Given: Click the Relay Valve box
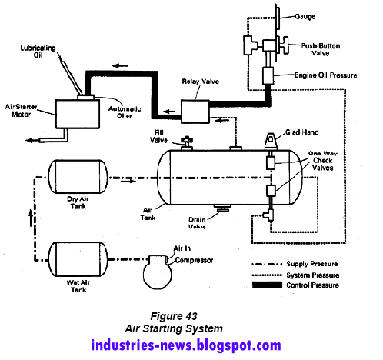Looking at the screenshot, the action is coord(195,112).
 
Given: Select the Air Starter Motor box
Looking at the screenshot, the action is coord(78,114).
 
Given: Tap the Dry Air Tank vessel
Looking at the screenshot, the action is coord(78,177).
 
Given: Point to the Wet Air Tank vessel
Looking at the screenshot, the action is coord(78,259).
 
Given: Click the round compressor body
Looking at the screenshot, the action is coord(157,272).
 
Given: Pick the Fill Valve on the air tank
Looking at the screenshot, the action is coord(187,143).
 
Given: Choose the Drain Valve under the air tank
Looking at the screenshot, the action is coord(223,208).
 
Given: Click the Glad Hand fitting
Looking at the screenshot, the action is coord(271,142).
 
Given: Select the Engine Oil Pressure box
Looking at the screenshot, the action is coord(268,75).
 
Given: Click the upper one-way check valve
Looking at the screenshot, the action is coord(271,162).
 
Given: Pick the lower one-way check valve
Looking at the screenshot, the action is coord(271,191).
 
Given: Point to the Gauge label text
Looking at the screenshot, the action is coord(305,17).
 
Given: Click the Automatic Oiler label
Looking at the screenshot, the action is coord(125,112).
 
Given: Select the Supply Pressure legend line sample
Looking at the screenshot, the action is coord(267,264).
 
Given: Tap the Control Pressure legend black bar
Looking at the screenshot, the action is coord(267,285).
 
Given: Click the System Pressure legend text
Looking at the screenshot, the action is coord(313,275).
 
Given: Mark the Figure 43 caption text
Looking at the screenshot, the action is coord(174,316).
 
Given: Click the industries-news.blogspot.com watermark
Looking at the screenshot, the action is coord(186,345).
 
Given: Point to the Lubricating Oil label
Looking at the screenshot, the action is coord(38,52).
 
